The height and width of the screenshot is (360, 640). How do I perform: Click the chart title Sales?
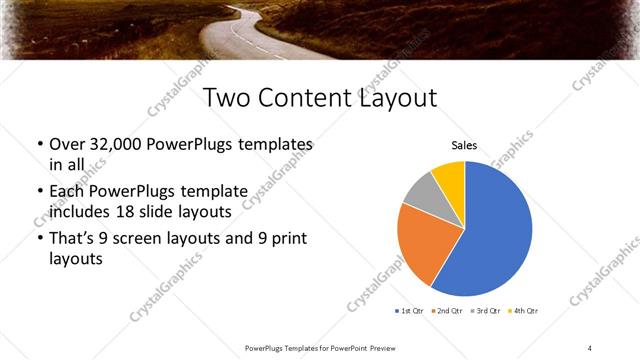coord(465,145)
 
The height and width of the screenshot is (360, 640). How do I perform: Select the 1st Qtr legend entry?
coord(411,312)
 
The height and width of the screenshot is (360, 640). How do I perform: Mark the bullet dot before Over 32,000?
coord(39,146)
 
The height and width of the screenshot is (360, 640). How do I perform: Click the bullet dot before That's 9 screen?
coord(39,239)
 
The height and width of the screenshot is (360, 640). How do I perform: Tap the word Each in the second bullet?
coord(68,189)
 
